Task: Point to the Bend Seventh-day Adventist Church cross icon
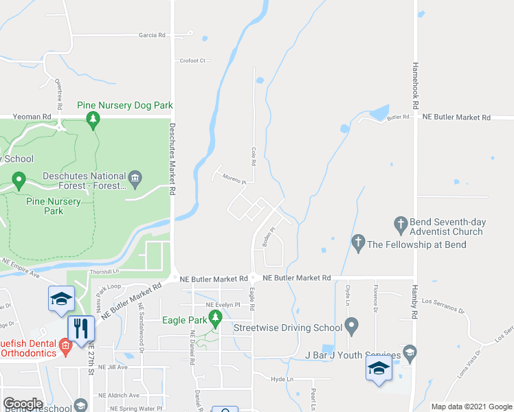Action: click(x=401, y=223)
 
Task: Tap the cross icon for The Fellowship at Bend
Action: click(x=357, y=242)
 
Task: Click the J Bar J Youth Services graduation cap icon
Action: click(x=410, y=352)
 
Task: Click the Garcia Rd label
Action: click(x=152, y=34)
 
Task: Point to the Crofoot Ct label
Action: click(x=192, y=60)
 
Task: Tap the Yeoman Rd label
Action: click(x=36, y=117)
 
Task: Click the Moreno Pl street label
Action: click(x=234, y=179)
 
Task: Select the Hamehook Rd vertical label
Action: click(x=415, y=86)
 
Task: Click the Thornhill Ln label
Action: click(x=104, y=273)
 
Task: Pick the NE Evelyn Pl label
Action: click(x=222, y=304)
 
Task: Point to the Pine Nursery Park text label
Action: click(x=54, y=206)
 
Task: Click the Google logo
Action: click(x=23, y=404)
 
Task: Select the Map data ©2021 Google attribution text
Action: click(x=471, y=407)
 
